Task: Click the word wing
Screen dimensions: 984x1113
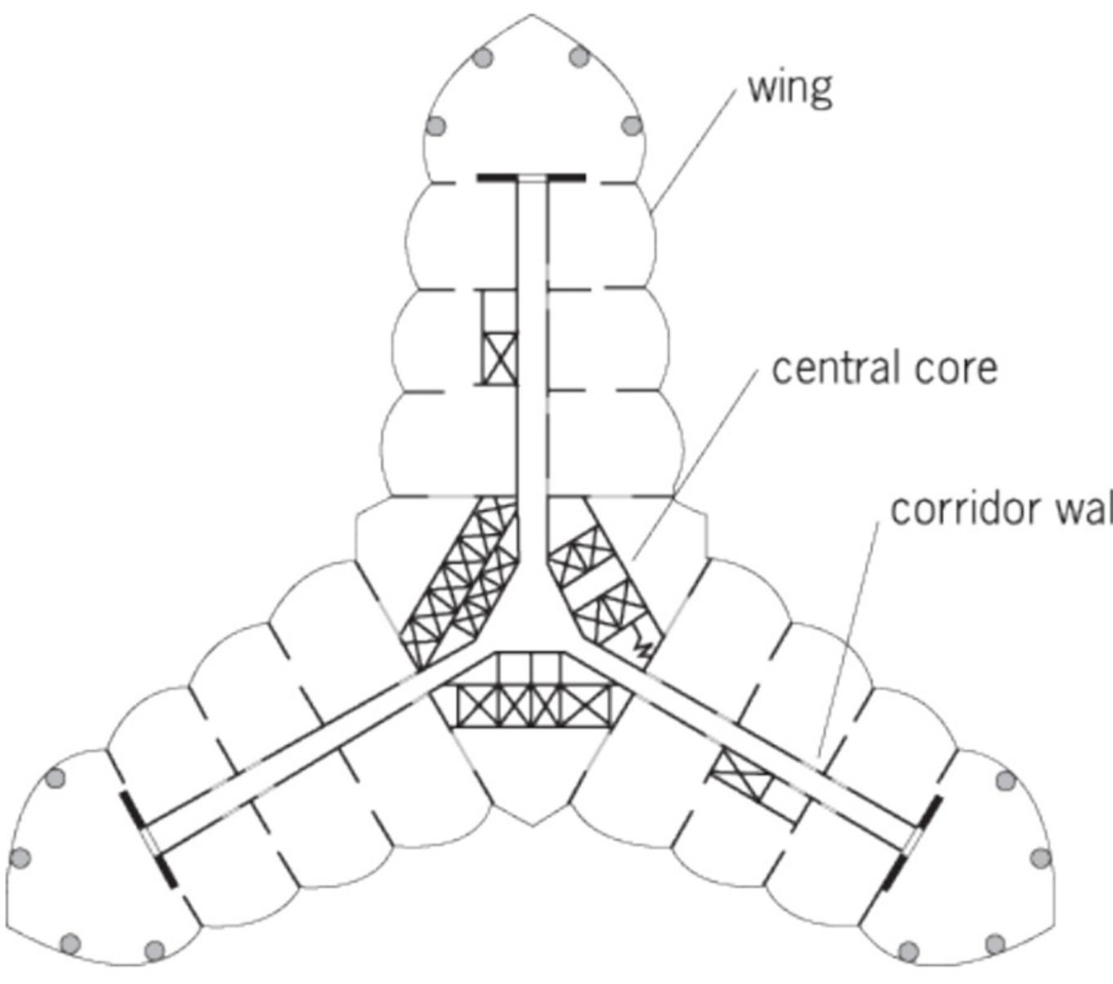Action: click(789, 88)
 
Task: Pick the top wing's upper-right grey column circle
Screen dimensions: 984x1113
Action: click(579, 57)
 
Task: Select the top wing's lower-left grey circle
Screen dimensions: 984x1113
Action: click(436, 126)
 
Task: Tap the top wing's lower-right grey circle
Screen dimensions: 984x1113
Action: click(632, 126)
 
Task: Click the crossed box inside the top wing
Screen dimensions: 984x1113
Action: click(499, 358)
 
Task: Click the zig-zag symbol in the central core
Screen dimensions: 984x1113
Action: click(643, 648)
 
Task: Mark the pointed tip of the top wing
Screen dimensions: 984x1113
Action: click(532, 16)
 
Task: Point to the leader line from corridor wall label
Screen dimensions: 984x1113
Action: click(850, 637)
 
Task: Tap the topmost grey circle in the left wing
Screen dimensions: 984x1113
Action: click(56, 777)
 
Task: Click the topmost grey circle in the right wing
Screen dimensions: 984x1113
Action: click(1005, 780)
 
